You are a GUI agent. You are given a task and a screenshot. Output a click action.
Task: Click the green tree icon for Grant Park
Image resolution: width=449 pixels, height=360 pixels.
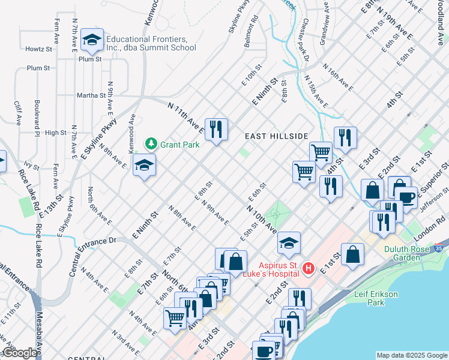pos(151,144)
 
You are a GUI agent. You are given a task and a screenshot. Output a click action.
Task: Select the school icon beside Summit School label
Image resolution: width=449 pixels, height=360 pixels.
pos(92,40)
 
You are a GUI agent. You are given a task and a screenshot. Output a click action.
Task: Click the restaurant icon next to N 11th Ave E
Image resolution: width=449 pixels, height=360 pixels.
pos(217,129)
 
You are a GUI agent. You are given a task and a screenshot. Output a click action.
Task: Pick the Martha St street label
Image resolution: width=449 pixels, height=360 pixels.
pos(91,95)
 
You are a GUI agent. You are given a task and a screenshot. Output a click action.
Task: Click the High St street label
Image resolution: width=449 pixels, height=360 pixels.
pos(55,133)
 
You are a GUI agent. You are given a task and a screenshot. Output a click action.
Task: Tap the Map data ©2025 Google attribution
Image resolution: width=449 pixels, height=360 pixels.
pos(411,355)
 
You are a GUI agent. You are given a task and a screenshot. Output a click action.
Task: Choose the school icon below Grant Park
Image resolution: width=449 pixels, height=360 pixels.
pos(144,165)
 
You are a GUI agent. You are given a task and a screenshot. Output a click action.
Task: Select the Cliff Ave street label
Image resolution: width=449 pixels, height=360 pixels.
pos(17,112)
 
